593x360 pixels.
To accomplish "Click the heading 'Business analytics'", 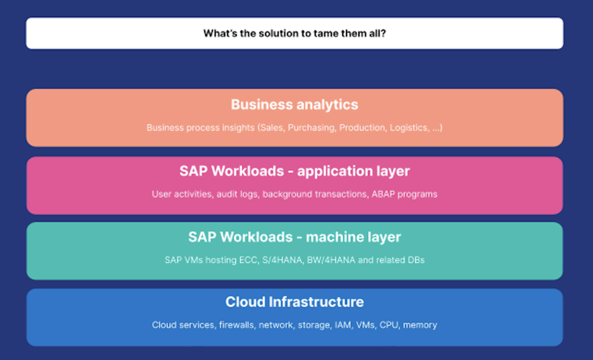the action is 294,104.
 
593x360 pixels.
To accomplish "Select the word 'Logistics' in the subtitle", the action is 409,128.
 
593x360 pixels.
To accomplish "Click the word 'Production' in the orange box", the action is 362,128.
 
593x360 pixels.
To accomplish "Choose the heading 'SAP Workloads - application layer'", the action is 294,171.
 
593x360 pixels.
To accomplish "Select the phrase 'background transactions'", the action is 309,194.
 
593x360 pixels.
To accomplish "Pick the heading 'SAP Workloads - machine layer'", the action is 294,237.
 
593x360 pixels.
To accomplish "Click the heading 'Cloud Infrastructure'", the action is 294,302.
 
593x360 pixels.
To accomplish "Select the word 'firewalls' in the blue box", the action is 237,325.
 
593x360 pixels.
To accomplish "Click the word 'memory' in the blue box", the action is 420,325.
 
